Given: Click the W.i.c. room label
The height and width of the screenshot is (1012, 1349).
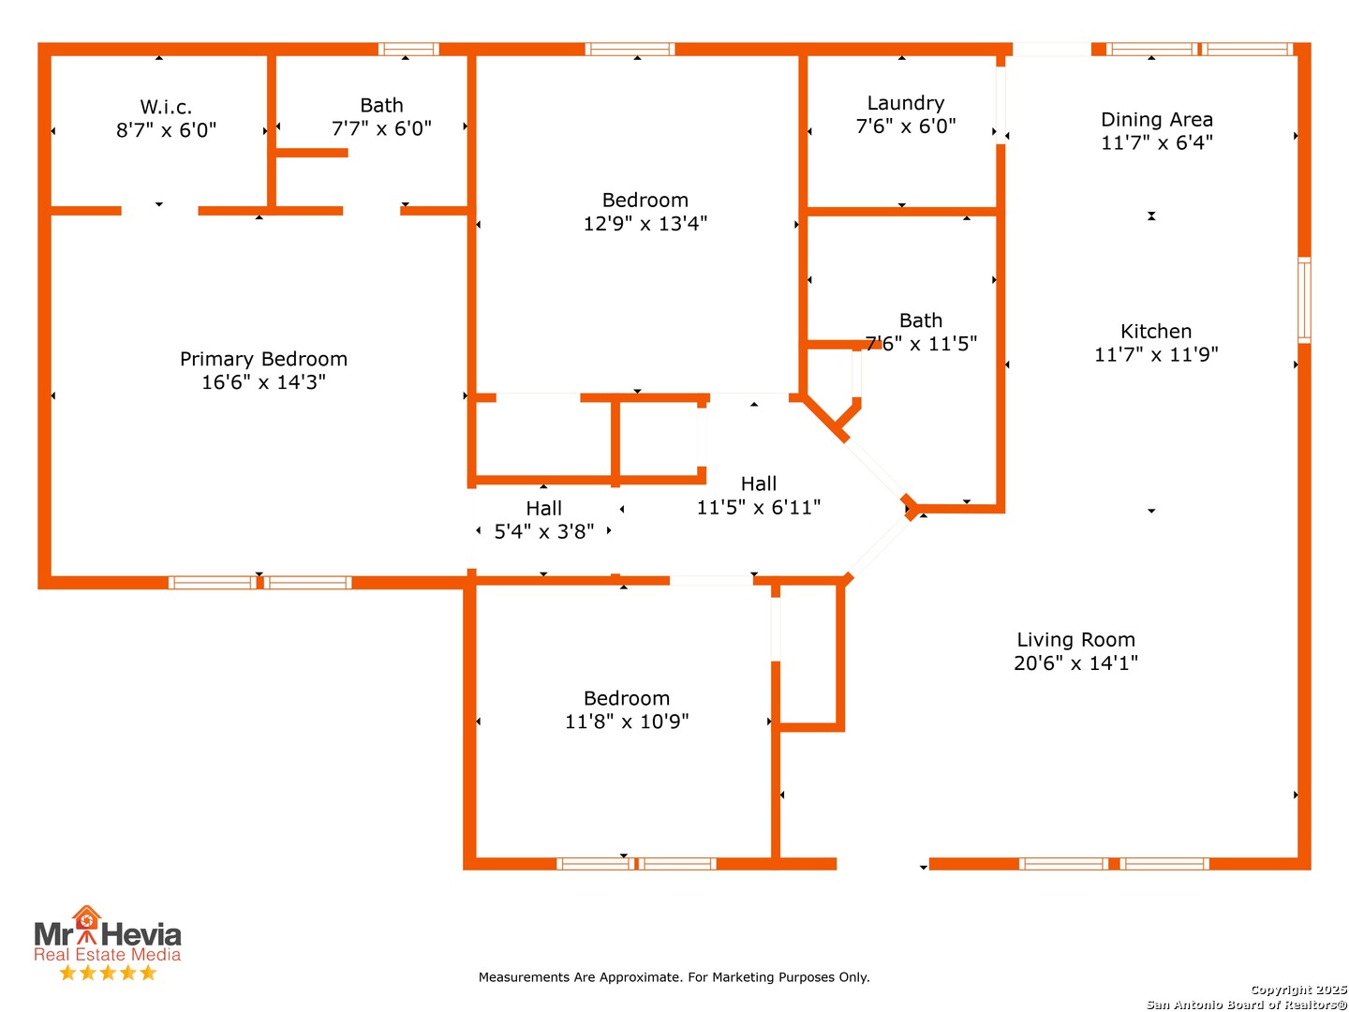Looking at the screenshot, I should (x=166, y=107).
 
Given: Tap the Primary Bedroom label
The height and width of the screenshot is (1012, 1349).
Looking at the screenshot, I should (x=263, y=359).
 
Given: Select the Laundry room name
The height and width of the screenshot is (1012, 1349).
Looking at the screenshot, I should (x=905, y=103).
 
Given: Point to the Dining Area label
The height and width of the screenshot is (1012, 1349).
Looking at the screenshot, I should (x=1156, y=120).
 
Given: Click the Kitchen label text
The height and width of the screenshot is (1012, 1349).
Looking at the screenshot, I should (x=1156, y=332).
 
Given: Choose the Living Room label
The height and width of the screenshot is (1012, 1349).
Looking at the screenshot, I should (x=1075, y=640).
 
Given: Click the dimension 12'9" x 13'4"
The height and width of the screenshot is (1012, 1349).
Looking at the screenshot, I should (x=645, y=224).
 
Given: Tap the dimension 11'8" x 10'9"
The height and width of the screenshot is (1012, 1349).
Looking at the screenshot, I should (x=626, y=722).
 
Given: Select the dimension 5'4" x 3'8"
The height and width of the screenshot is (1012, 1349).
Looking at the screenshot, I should (x=543, y=531).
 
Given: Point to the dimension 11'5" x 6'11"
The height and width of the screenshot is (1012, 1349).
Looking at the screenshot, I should (x=758, y=508).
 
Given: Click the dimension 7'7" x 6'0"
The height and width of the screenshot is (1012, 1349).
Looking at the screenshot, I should (x=381, y=128).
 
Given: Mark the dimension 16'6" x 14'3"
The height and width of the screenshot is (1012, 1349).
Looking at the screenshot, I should (x=263, y=382).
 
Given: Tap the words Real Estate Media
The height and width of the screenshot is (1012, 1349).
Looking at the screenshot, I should (x=107, y=955).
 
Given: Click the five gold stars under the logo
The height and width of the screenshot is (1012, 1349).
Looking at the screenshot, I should (x=107, y=973).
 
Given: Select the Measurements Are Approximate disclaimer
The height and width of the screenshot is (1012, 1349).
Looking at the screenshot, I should (x=674, y=977).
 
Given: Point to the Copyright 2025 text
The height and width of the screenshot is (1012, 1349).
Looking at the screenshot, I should (x=1297, y=990).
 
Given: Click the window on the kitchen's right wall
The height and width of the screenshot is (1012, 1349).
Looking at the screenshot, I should (x=1303, y=300).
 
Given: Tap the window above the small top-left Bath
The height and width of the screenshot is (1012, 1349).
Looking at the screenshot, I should (x=408, y=50).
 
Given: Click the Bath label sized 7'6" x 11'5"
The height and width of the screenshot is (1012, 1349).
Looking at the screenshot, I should (x=920, y=320).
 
